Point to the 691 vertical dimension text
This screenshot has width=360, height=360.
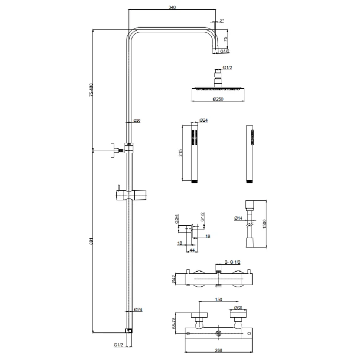[92, 241]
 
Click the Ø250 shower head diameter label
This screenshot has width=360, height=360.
[217, 100]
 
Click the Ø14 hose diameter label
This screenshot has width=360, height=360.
[238, 218]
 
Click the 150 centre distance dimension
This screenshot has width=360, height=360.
[218, 300]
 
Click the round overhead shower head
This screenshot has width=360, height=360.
[218, 89]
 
